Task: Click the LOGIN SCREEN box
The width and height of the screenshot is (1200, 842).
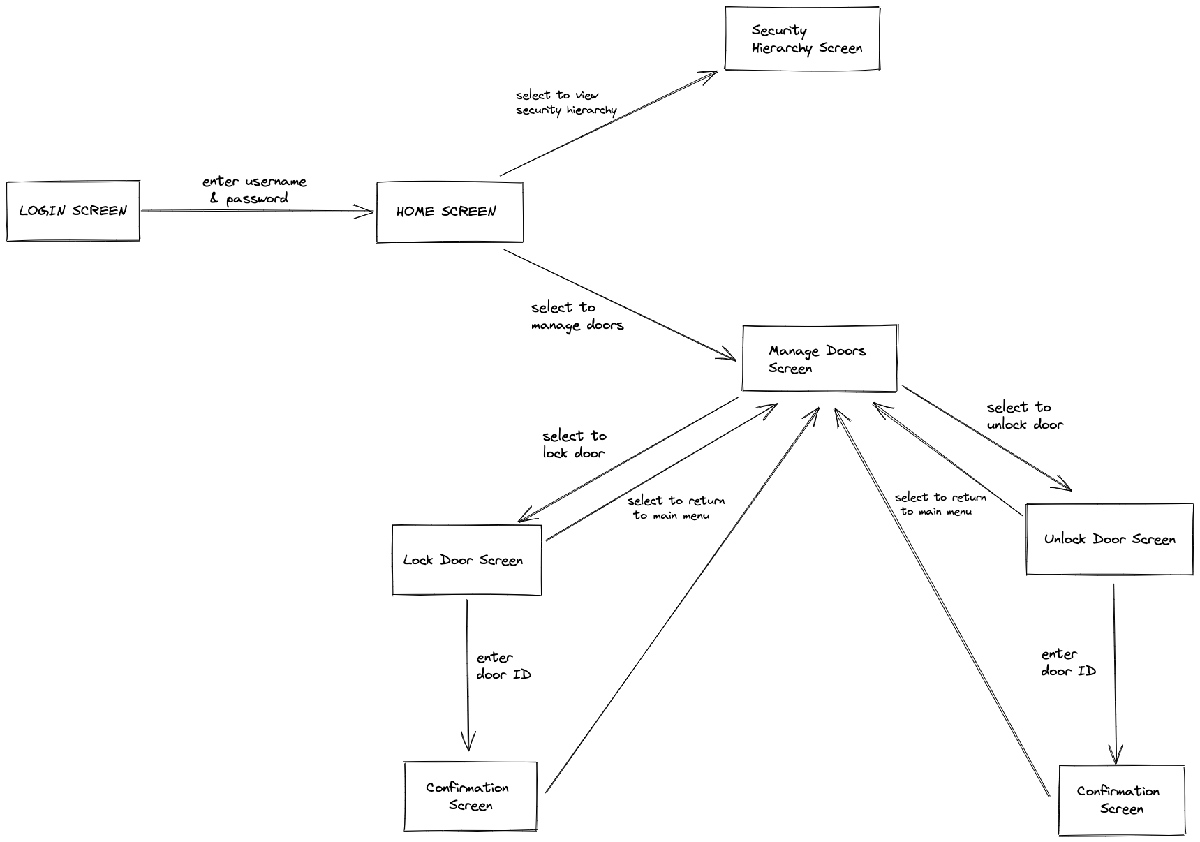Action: [73, 211]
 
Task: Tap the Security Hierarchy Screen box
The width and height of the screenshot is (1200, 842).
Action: [802, 39]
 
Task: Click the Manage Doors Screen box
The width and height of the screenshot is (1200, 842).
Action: [820, 358]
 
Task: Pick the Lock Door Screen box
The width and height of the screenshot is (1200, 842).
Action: [466, 560]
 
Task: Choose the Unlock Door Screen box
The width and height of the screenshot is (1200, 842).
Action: [1109, 539]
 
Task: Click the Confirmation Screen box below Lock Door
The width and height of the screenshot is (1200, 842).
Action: [471, 796]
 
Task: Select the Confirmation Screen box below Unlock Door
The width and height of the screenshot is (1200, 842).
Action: [1121, 800]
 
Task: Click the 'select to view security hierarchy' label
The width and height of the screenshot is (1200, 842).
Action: [565, 103]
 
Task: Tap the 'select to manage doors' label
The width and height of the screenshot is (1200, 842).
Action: [576, 316]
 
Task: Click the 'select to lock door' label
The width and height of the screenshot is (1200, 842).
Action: [575, 444]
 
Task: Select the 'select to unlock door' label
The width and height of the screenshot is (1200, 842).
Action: [1024, 415]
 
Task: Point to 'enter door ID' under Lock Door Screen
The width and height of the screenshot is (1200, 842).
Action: [503, 666]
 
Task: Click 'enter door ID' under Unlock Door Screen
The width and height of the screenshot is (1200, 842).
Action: [1067, 663]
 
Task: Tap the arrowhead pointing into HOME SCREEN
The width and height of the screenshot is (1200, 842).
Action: [369, 212]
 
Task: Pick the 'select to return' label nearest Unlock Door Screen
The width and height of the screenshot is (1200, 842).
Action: [940, 504]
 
